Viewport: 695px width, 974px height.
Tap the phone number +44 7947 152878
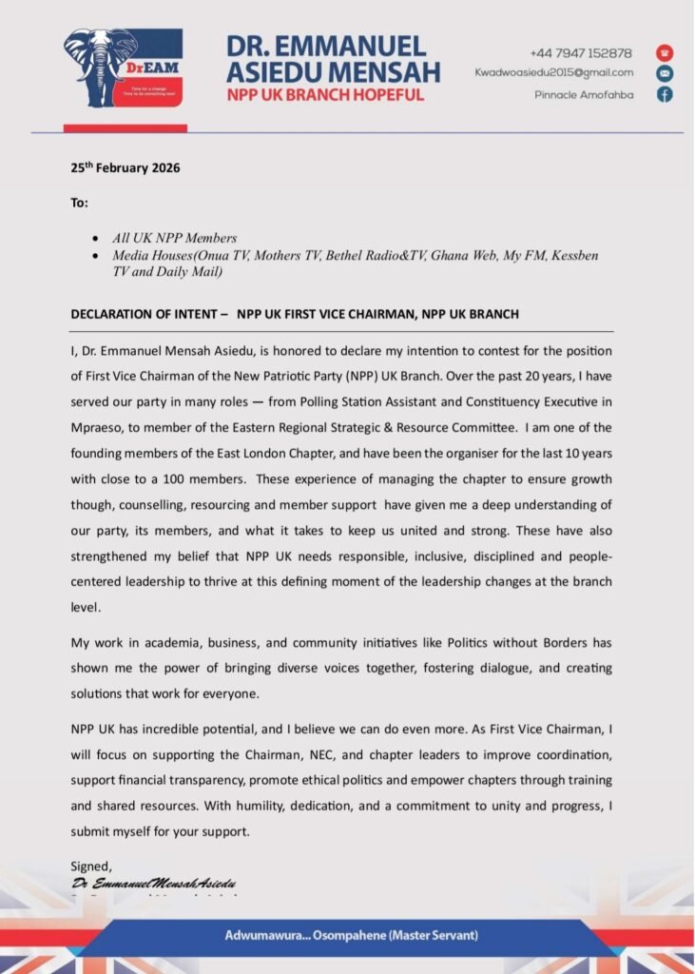coord(581,53)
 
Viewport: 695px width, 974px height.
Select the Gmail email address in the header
coord(554,72)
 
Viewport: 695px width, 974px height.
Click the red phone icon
coord(665,53)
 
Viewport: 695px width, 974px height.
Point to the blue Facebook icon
coord(665,94)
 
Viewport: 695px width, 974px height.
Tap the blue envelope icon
coord(665,73)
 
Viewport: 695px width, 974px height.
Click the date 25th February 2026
coord(125,168)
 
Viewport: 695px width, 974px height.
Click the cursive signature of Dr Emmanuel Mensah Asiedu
coord(154,884)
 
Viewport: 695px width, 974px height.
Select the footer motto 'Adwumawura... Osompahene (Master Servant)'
coord(351,935)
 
